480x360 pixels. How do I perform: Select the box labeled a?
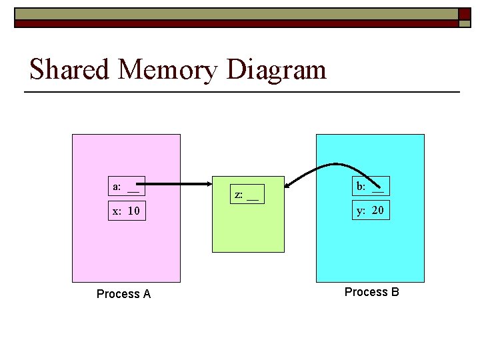click(127, 186)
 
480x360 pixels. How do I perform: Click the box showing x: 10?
click(127, 211)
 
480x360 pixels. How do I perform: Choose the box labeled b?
click(370, 186)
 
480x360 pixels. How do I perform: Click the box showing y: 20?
click(370, 211)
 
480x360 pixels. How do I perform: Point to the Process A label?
click(123, 294)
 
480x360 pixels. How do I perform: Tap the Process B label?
click(371, 292)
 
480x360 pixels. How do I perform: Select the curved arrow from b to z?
click(320, 167)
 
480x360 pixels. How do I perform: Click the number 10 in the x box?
click(133, 211)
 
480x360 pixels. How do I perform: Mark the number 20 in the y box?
click(377, 211)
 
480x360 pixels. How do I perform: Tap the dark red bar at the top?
click(233, 23)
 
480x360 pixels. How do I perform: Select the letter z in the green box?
click(237, 195)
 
